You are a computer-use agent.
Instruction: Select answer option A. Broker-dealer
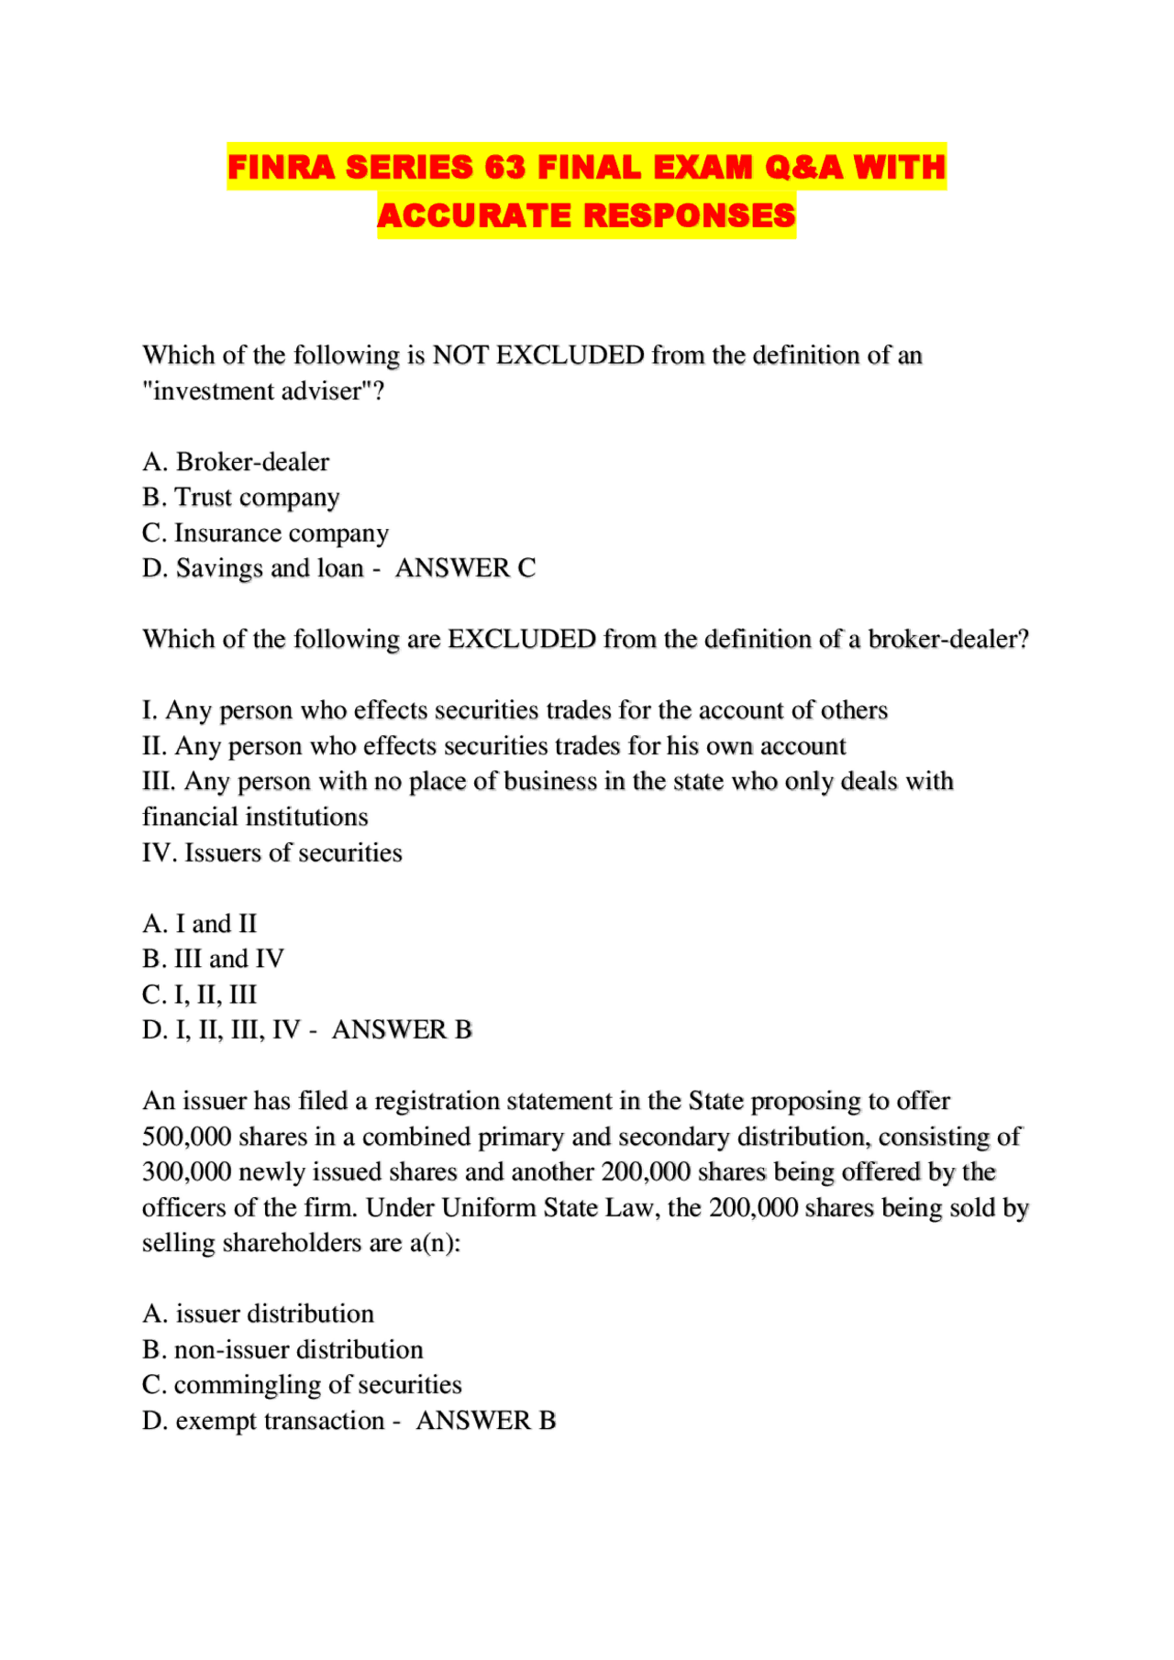pyautogui.click(x=236, y=462)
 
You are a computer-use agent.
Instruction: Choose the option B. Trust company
pyautogui.click(x=240, y=498)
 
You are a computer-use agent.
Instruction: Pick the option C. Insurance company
pyautogui.click(x=265, y=533)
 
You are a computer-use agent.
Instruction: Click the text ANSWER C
pyautogui.click(x=465, y=568)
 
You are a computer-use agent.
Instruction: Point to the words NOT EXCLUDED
pyautogui.click(x=538, y=356)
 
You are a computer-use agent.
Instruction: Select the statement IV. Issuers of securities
pyautogui.click(x=271, y=853)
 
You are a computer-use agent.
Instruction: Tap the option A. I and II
pyautogui.click(x=199, y=924)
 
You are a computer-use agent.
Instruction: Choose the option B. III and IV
pyautogui.click(x=213, y=960)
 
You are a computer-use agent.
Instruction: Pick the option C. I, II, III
pyautogui.click(x=199, y=995)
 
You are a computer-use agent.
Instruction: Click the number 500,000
pyautogui.click(x=186, y=1138)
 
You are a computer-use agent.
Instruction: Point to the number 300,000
pyautogui.click(x=186, y=1172)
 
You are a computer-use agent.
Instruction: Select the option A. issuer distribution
pyautogui.click(x=258, y=1314)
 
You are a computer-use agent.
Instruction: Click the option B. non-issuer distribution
pyautogui.click(x=282, y=1350)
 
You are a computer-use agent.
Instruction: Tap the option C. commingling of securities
pyautogui.click(x=302, y=1385)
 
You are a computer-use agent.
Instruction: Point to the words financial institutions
pyautogui.click(x=255, y=818)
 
